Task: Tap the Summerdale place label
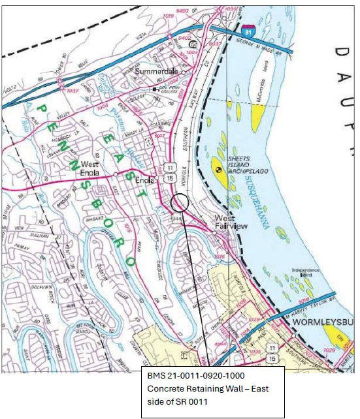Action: [x=156, y=70]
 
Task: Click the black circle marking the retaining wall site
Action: [x=180, y=202]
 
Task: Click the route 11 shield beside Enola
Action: [x=169, y=168]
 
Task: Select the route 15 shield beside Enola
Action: [x=169, y=178]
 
